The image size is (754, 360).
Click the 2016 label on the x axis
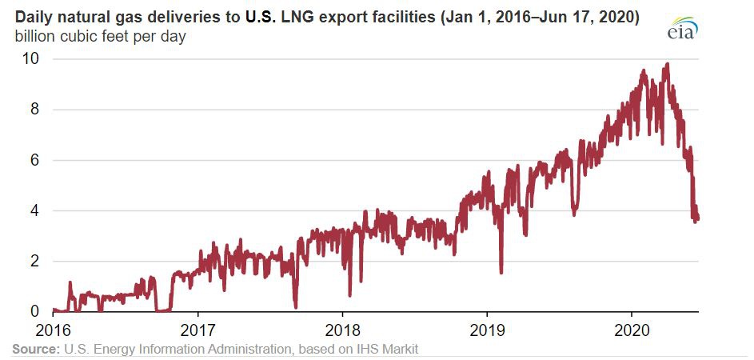coord(54,329)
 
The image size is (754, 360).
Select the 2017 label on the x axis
coord(197,329)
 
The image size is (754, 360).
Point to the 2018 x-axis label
coord(342,329)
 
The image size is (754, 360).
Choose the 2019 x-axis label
coord(487,329)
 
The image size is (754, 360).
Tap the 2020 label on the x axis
coord(632,329)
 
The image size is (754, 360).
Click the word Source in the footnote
coord(34,349)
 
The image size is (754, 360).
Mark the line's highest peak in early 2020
coord(667,65)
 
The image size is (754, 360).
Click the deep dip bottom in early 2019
coord(501,272)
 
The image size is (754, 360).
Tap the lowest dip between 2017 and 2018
coord(296,306)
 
